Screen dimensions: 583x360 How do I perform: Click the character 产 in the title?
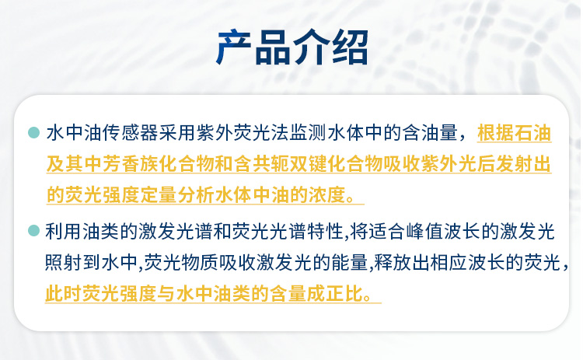pyautogui.click(x=233, y=47)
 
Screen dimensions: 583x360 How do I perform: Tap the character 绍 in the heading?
pyautogui.click(x=350, y=47)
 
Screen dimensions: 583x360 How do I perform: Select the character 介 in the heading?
pyautogui.click(x=311, y=47)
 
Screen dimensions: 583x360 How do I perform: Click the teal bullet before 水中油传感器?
pyautogui.click(x=33, y=133)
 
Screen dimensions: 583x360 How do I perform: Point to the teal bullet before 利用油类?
pyautogui.click(x=33, y=231)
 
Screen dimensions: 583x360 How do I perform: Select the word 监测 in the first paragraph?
pyautogui.click(x=309, y=133)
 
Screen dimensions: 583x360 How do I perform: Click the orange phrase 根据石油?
pyautogui.click(x=515, y=133)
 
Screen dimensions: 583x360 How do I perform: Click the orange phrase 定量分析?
pyautogui.click(x=178, y=195)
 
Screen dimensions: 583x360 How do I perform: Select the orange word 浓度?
pyautogui.click(x=327, y=195)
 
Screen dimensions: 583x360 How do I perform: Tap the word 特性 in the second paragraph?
pyautogui.click(x=325, y=232)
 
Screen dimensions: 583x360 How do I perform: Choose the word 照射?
pyautogui.click(x=64, y=263)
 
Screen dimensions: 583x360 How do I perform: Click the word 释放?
pyautogui.click(x=393, y=263)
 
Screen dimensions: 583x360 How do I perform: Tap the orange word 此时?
pyautogui.click(x=64, y=294)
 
